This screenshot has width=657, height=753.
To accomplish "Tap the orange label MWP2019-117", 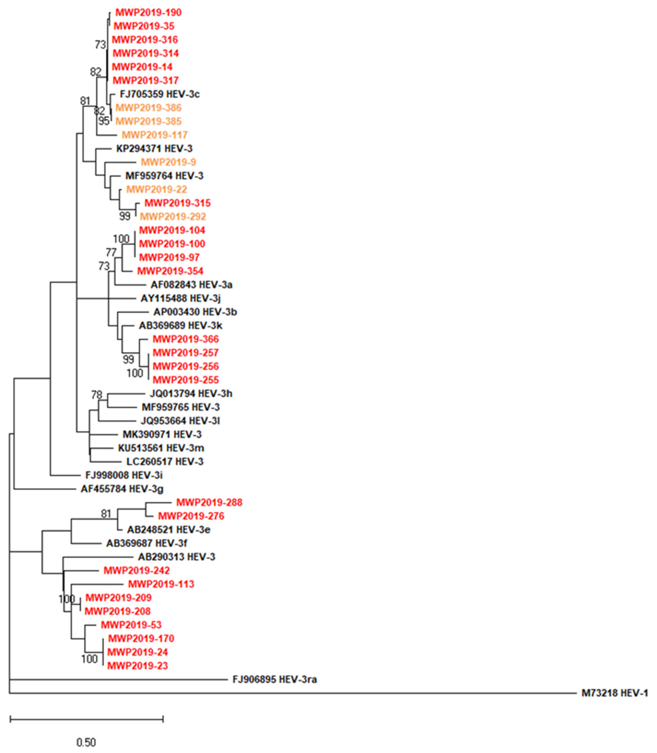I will (x=154, y=135).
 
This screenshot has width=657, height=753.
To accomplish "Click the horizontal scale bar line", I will (x=87, y=720).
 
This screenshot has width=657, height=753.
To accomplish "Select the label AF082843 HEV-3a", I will (x=191, y=285).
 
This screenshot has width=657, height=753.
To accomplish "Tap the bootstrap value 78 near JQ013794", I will (x=97, y=395).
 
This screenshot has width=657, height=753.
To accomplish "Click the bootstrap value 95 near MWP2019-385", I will (x=104, y=121).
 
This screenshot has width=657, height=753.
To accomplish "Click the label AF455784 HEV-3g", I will (x=122, y=489).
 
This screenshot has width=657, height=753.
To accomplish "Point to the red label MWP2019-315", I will (x=177, y=203).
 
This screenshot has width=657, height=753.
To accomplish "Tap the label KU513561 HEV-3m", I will (x=161, y=448).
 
